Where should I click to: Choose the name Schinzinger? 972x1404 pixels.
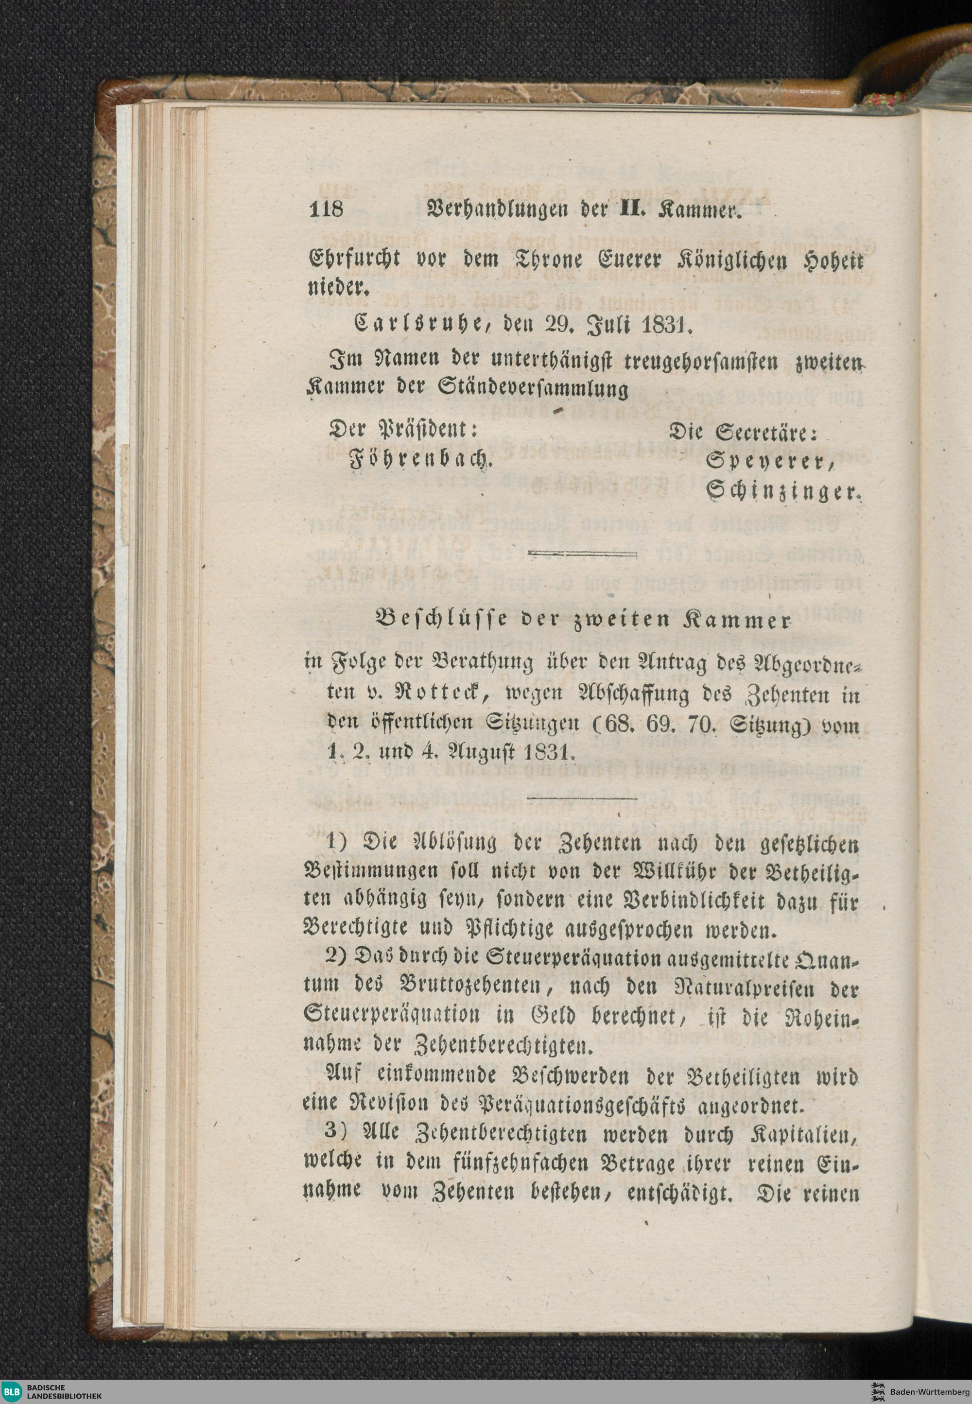click(782, 491)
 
